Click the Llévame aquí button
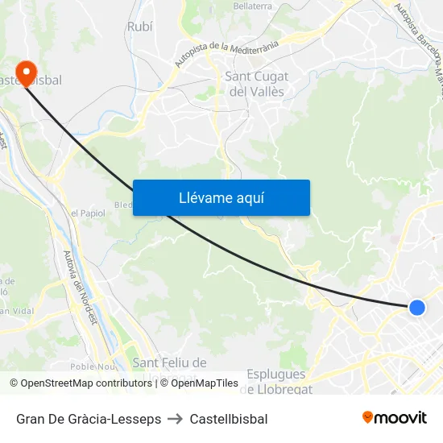click(221, 197)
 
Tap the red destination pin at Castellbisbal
click(26, 73)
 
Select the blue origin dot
click(416, 307)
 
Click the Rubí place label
click(139, 27)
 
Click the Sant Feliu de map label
click(169, 363)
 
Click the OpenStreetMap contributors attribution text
click(83, 383)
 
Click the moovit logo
click(394, 418)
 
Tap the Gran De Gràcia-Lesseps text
click(89, 419)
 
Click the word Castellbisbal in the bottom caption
click(229, 419)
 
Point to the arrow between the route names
click(176, 419)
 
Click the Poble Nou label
click(93, 366)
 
